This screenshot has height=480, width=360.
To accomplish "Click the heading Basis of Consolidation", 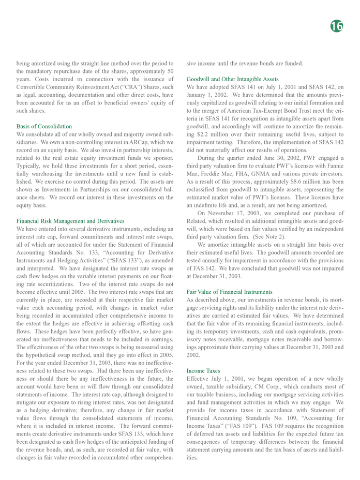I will click(x=44, y=126).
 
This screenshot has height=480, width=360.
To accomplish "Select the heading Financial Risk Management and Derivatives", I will click(x=70, y=221).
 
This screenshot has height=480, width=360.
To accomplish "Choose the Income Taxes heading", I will click(x=203, y=371).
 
